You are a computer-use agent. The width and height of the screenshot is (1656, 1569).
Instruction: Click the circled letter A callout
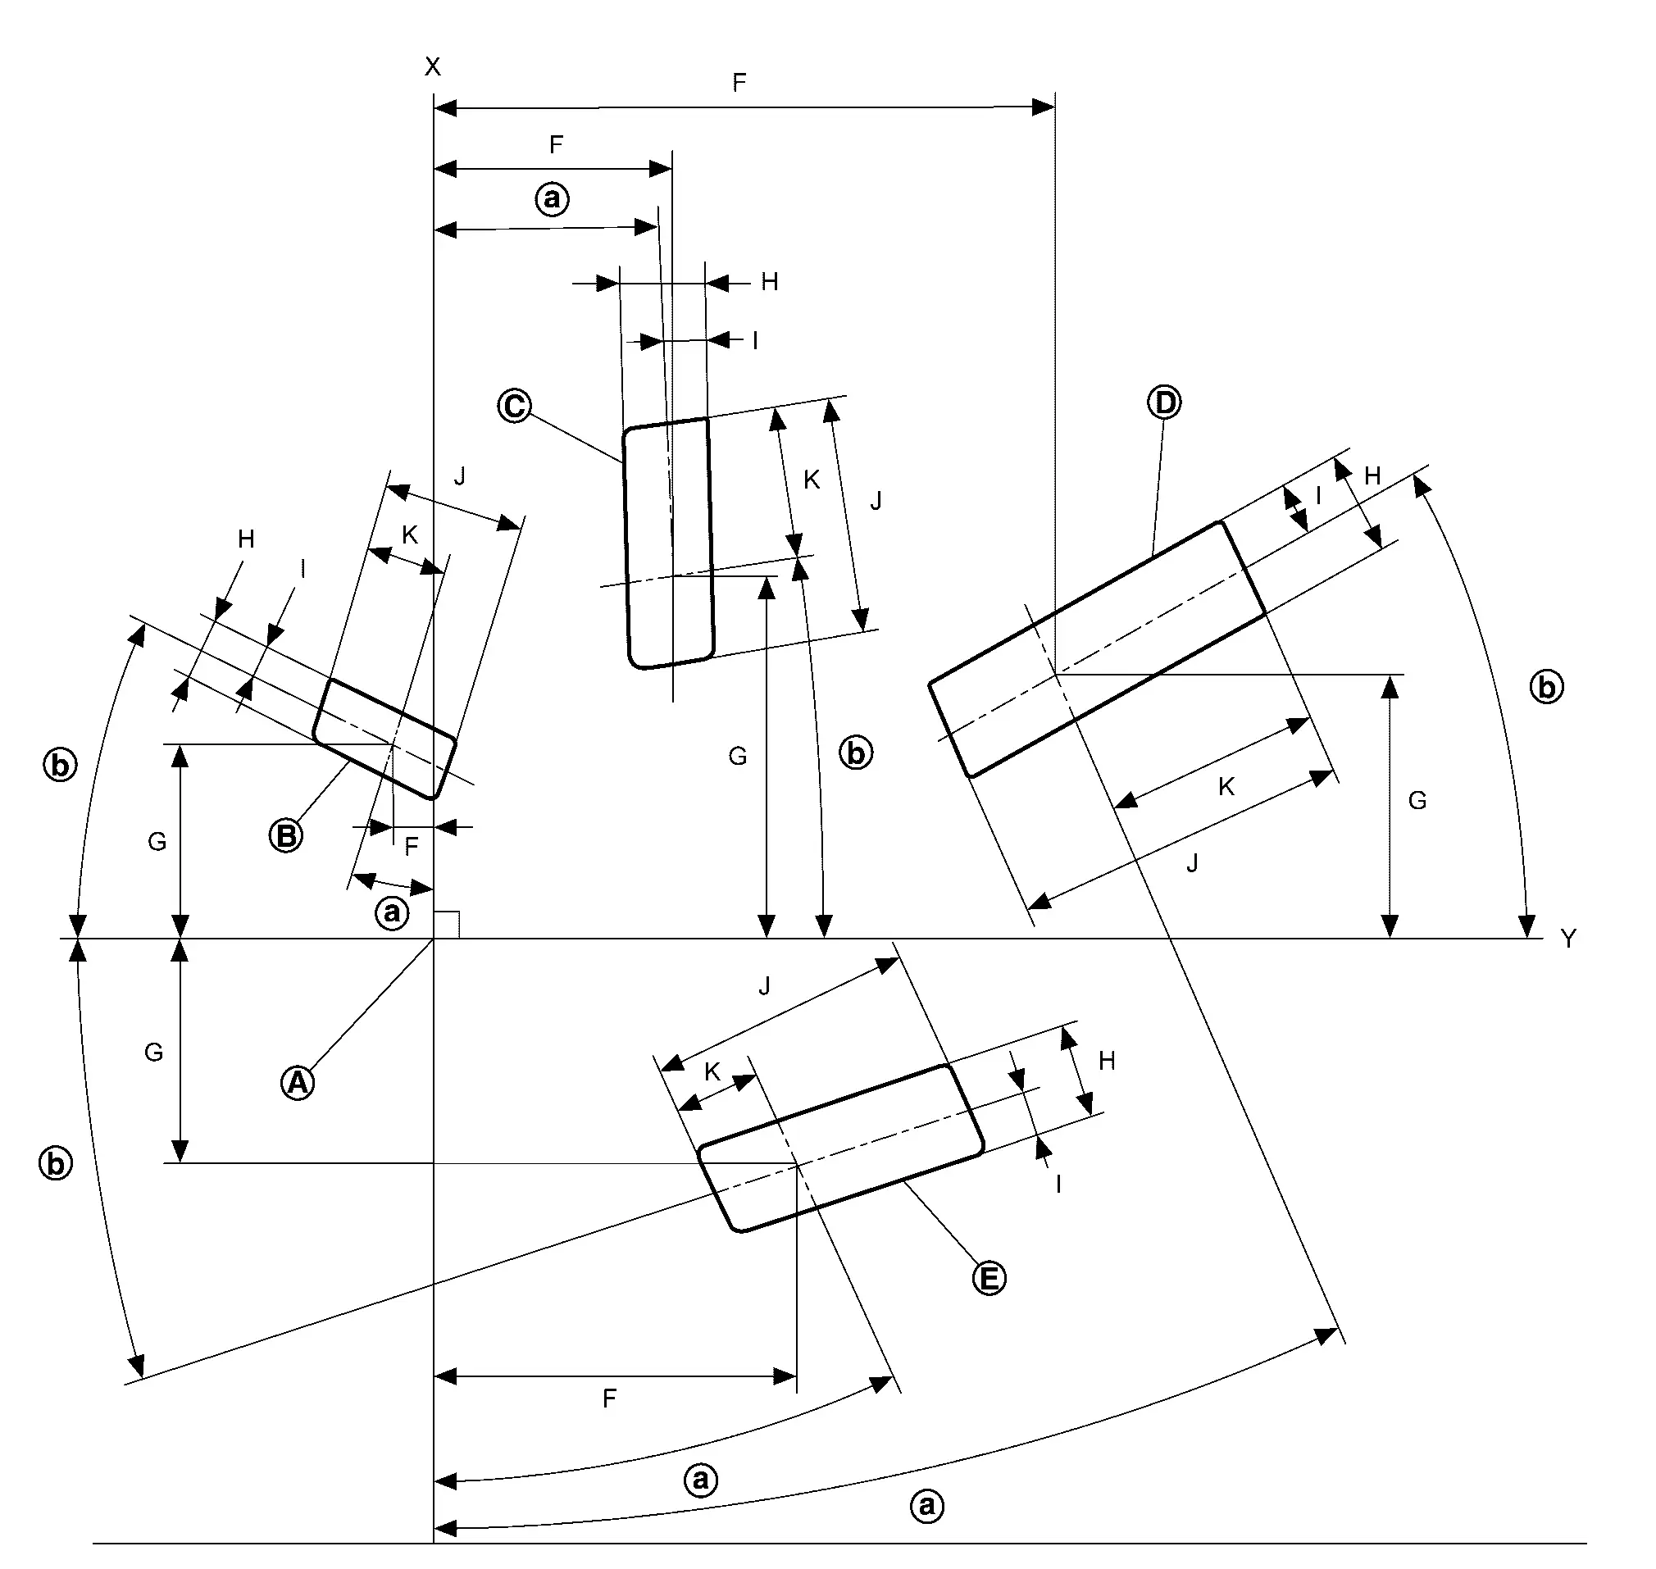click(x=298, y=1083)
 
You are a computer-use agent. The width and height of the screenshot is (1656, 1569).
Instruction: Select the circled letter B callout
click(x=286, y=835)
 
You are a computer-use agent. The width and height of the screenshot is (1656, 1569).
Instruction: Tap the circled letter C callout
click(x=514, y=406)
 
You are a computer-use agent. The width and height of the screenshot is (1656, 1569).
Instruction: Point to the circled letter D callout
click(x=1164, y=403)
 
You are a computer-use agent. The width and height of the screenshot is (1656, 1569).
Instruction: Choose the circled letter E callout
click(x=989, y=1278)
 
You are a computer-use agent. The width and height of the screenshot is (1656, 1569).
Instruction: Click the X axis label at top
click(x=432, y=67)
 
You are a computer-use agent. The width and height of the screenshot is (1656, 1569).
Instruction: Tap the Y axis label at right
click(x=1568, y=939)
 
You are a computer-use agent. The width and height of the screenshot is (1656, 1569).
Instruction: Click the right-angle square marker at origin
click(x=446, y=925)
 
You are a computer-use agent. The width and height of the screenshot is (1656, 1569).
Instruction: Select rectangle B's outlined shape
click(x=384, y=739)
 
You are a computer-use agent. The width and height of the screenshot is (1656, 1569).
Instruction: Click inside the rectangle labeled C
click(x=669, y=543)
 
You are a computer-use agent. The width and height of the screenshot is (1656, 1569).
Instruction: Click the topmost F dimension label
click(x=739, y=82)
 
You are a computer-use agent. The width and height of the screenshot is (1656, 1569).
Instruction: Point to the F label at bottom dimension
click(x=609, y=1398)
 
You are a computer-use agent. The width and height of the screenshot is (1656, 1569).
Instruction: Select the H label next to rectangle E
click(x=1107, y=1062)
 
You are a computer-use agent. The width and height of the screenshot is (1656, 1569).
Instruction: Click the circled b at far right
click(x=1546, y=687)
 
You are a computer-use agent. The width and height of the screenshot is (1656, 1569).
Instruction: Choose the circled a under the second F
click(x=552, y=199)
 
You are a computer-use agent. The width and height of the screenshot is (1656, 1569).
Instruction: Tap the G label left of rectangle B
click(x=157, y=841)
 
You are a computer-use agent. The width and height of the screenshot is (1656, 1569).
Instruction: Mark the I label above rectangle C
click(x=755, y=341)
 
